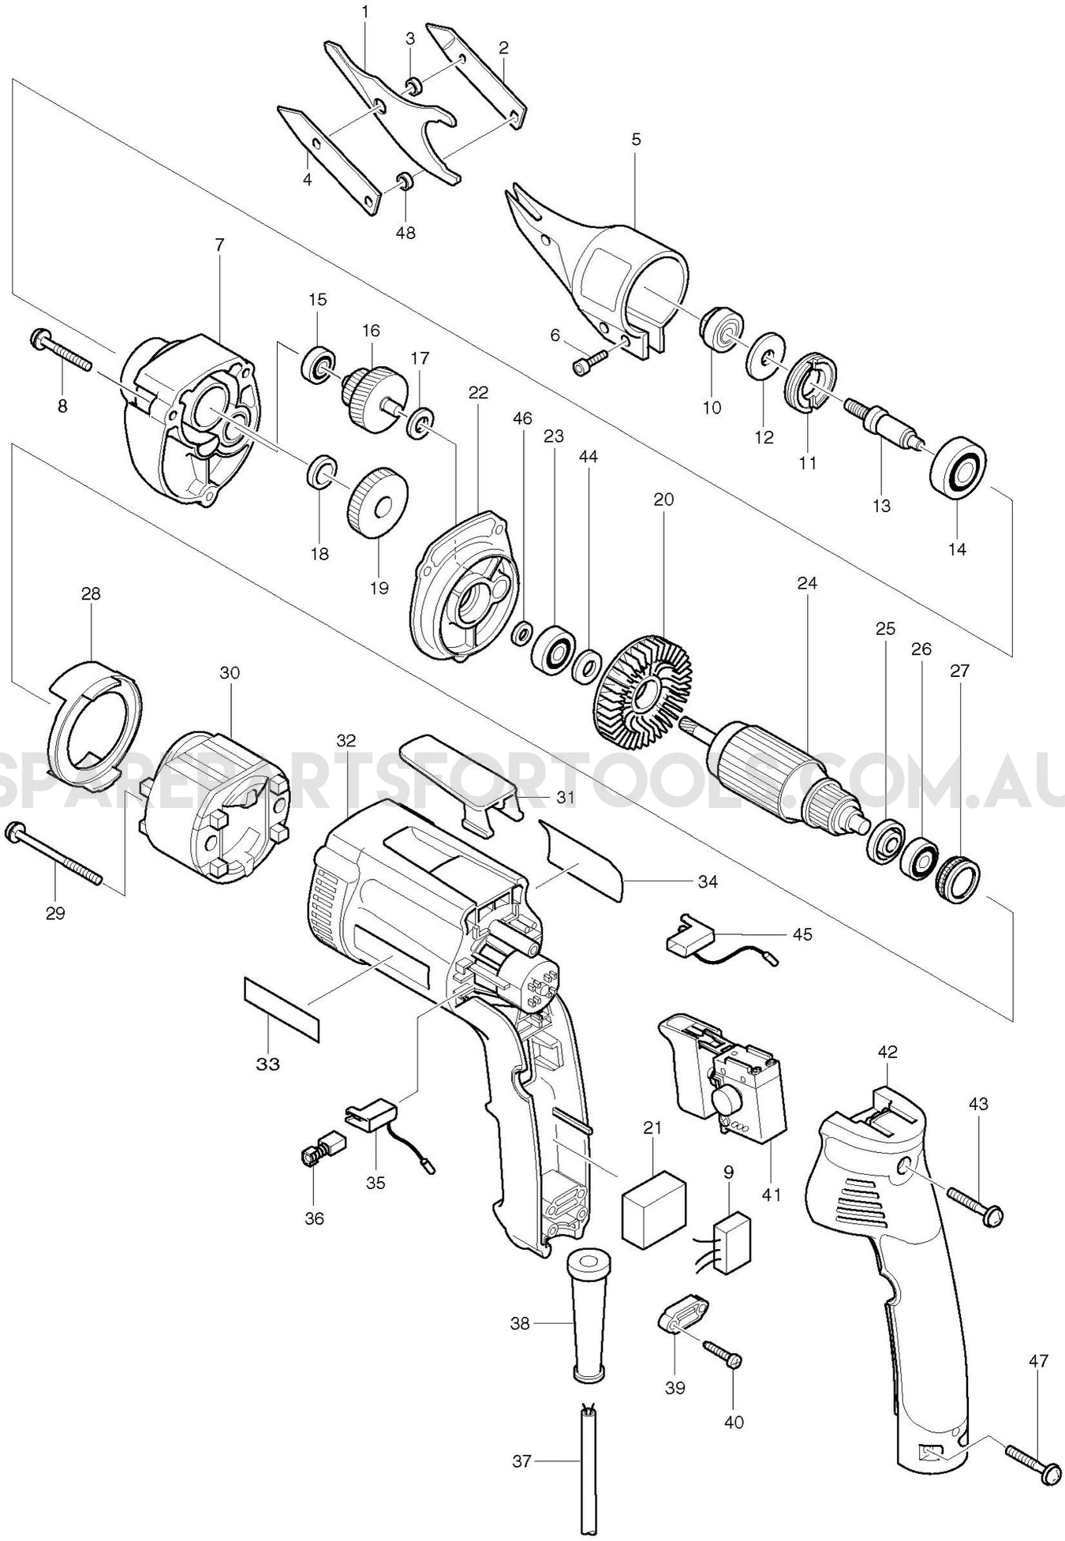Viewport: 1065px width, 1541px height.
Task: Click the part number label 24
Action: (807, 583)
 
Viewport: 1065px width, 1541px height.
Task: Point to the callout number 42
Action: (887, 1052)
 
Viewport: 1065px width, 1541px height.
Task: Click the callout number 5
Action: (636, 139)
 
